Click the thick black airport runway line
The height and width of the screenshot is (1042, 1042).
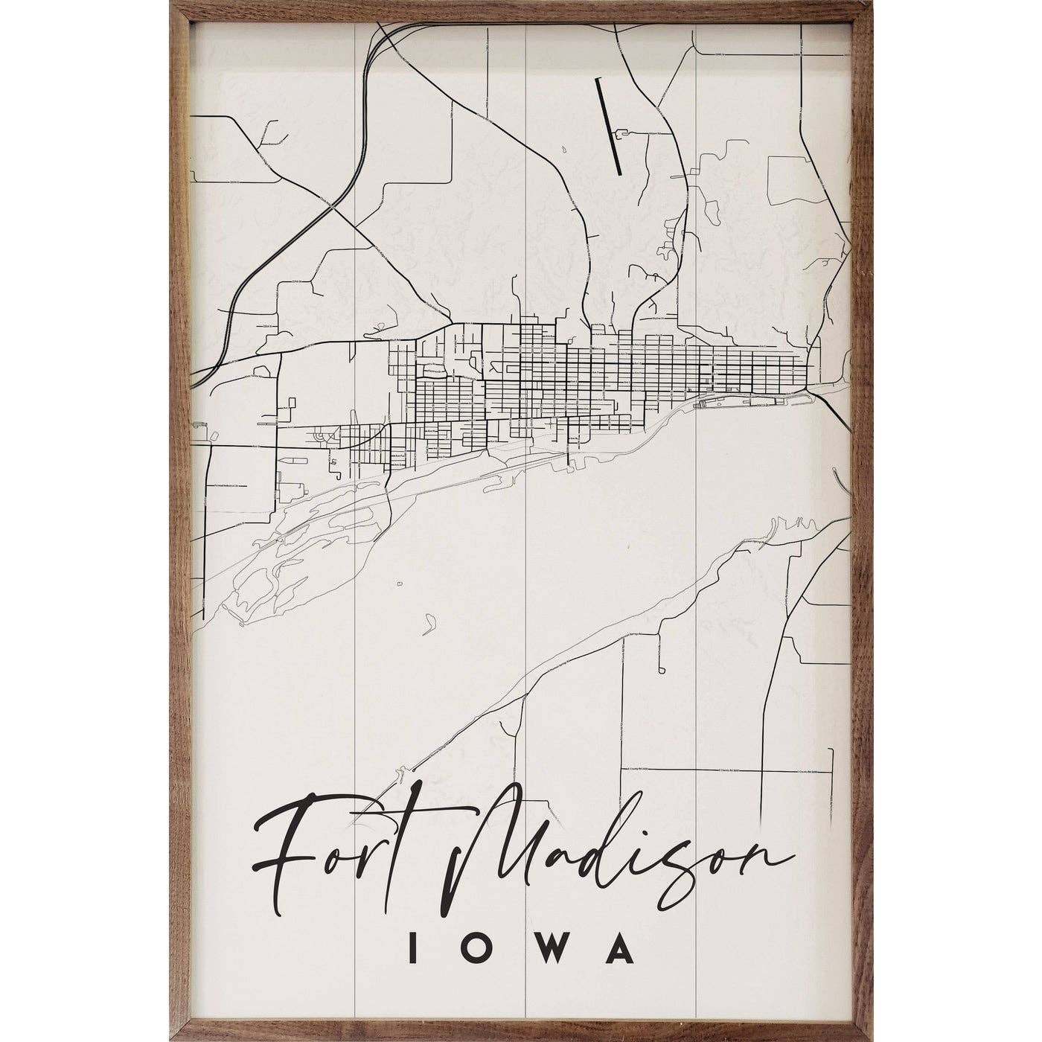(x=608, y=127)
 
